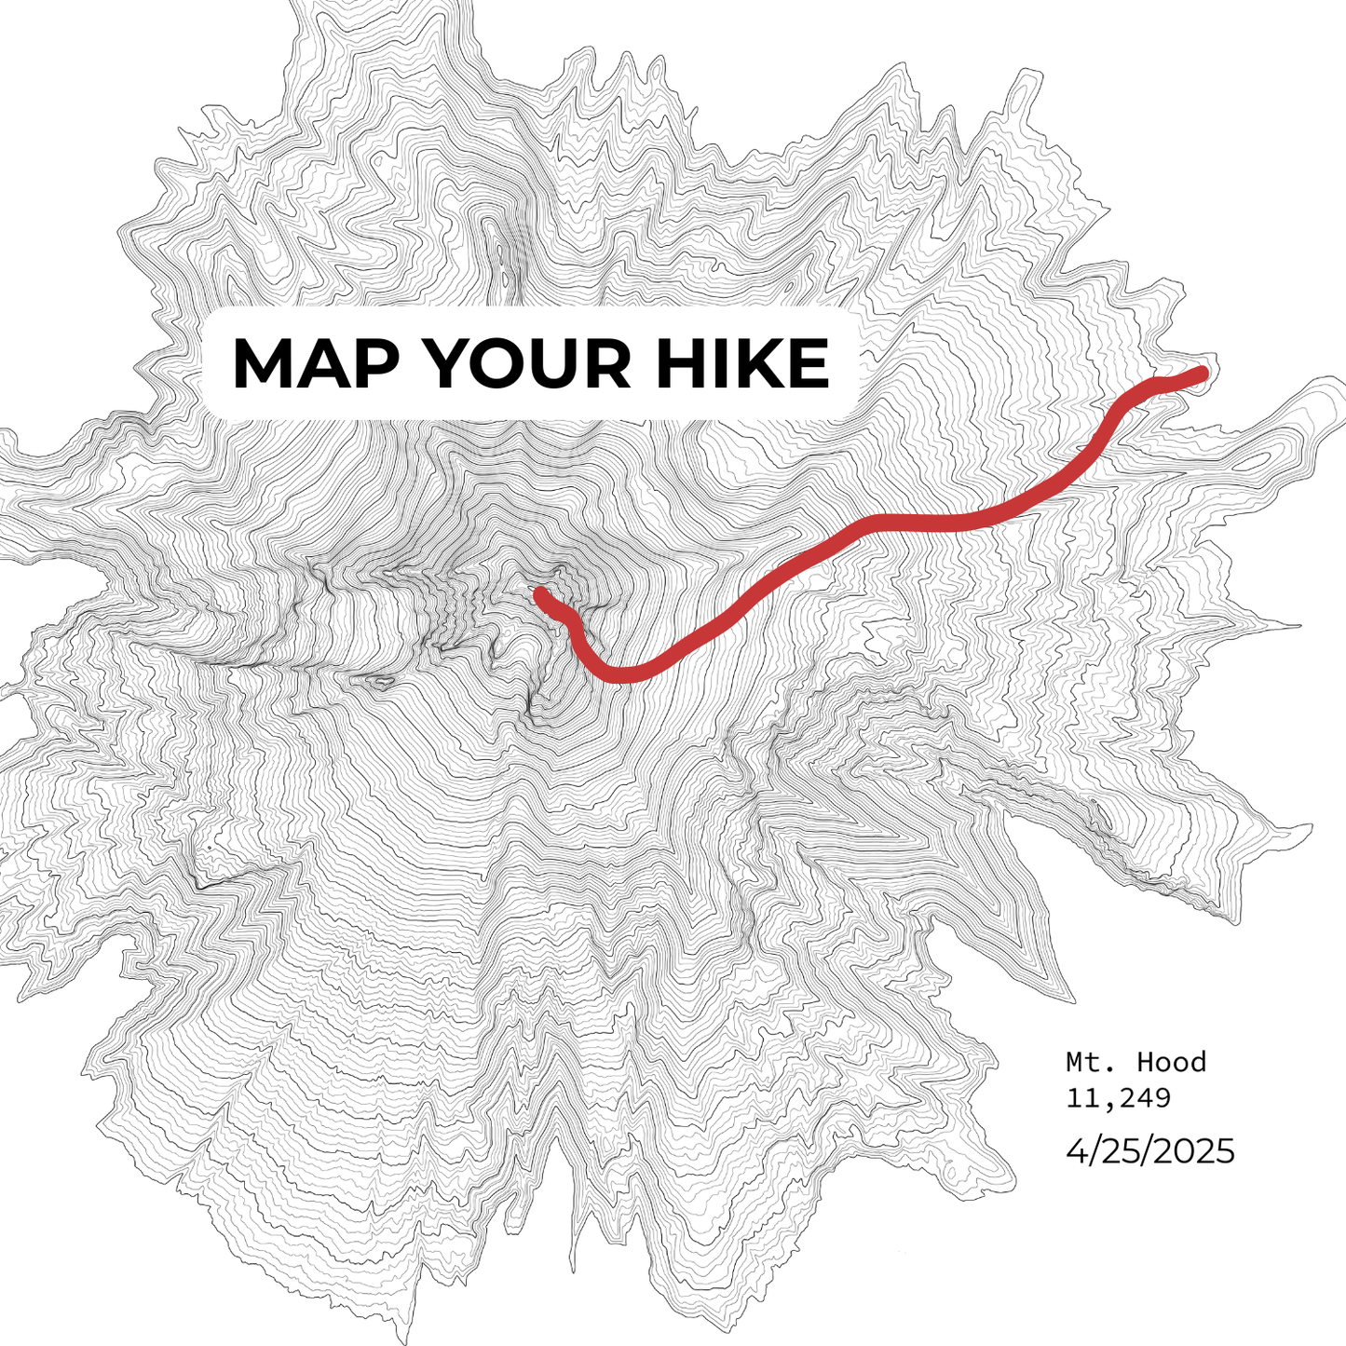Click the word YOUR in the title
point(527,363)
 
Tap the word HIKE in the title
point(741,363)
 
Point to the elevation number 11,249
point(1118,1097)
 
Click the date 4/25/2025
point(1149,1151)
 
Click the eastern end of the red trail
point(1202,374)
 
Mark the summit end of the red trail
point(541,593)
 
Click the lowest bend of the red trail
point(619,674)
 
